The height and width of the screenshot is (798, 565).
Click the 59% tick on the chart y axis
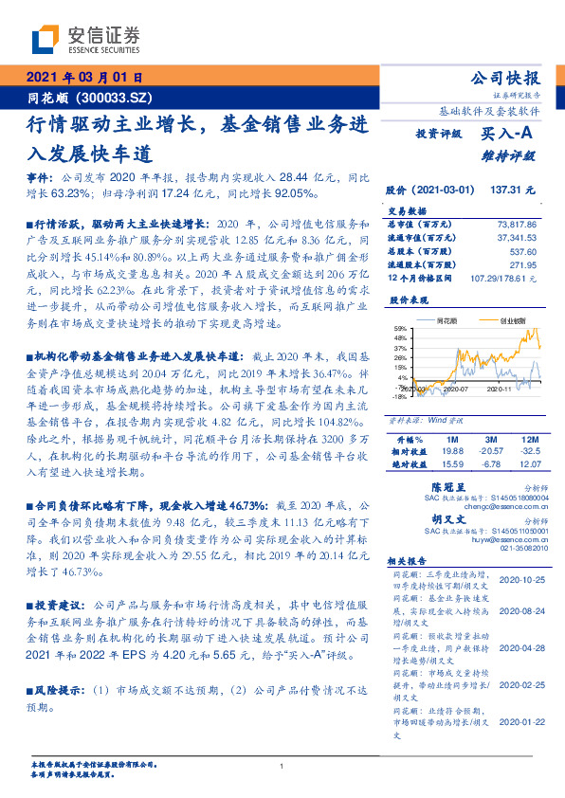tap(400, 329)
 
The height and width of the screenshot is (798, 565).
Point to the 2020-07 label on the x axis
tap(456, 388)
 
